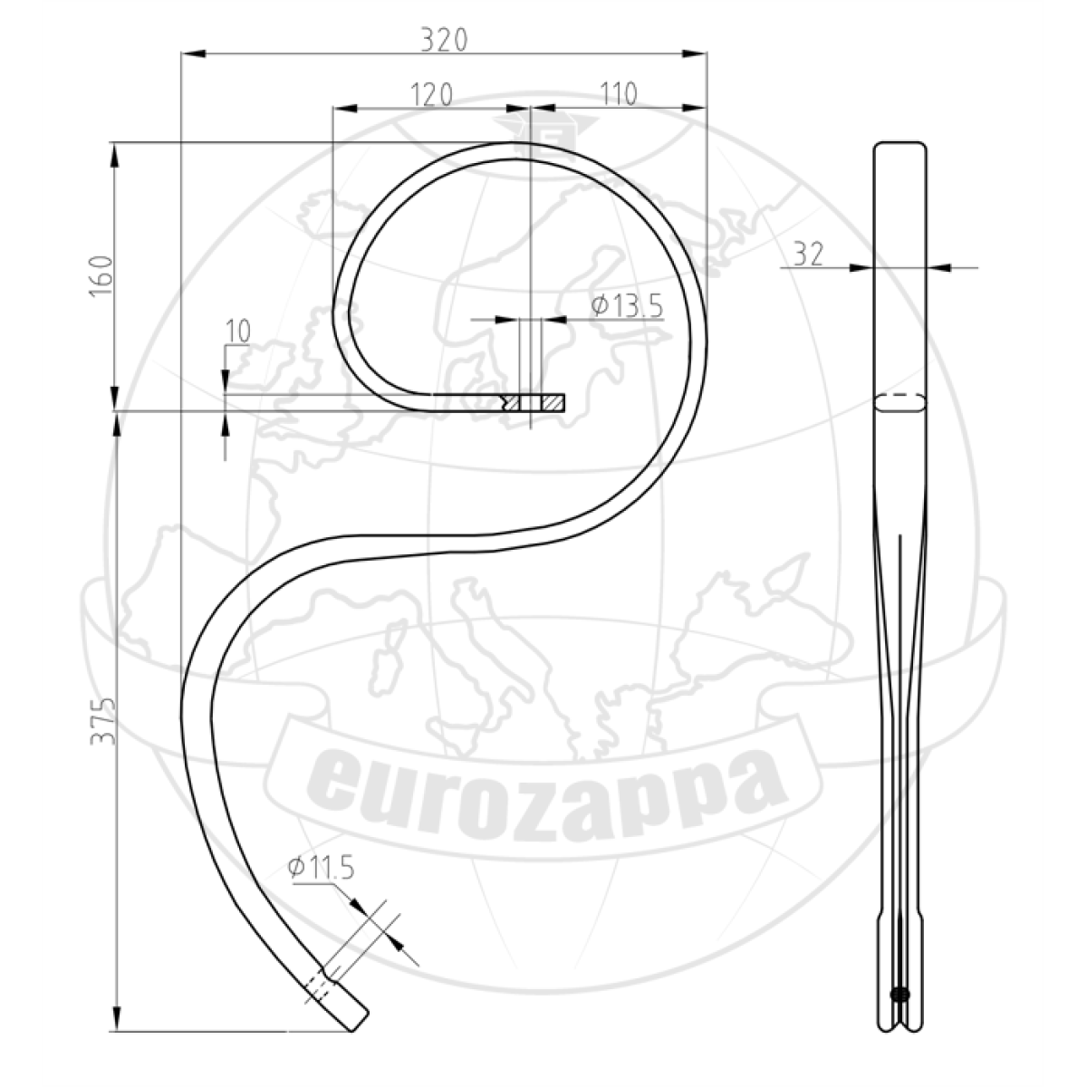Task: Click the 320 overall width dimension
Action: coord(445,41)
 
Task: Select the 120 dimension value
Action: coord(431,95)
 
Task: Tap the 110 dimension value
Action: coord(619,94)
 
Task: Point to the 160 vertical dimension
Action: coord(101,276)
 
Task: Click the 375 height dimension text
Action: coord(102,722)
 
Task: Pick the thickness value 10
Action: coord(237,332)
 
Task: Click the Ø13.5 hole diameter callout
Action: coord(627,306)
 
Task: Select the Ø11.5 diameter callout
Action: coord(321,868)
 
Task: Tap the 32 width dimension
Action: coord(808,254)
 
